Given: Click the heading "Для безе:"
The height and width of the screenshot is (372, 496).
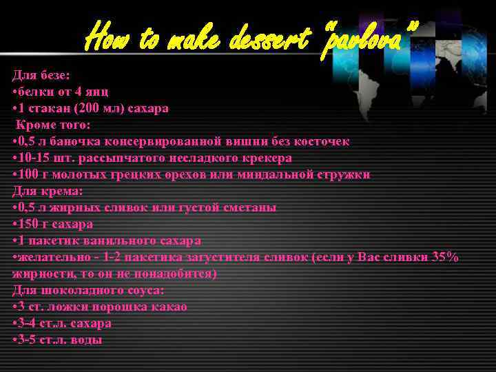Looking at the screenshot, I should [41, 75].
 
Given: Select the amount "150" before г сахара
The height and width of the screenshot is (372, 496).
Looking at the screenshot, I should [29, 224].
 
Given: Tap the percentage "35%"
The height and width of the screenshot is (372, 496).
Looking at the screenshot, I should [445, 257].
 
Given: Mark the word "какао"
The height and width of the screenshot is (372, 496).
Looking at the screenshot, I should [169, 307].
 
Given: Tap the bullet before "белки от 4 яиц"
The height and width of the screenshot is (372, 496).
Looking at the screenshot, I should [15, 92].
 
